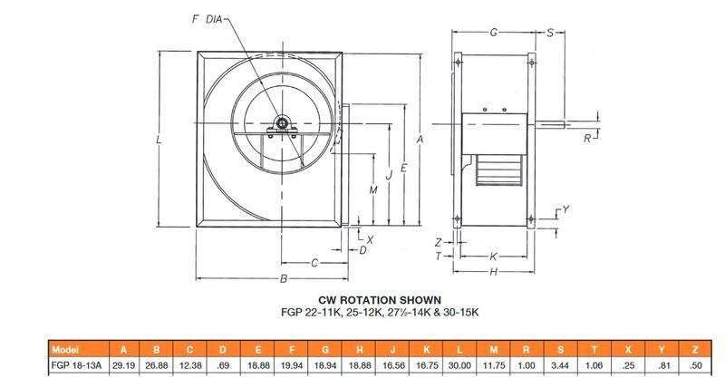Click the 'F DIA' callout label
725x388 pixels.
pos(207,19)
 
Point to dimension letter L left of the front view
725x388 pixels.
pos(159,140)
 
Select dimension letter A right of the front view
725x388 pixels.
pos(420,139)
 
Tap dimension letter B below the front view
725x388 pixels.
pos(284,279)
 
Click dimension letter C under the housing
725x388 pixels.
pos(314,263)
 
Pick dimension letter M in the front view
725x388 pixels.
pos(373,189)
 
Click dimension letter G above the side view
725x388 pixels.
pos(493,33)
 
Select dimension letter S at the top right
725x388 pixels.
pos(550,33)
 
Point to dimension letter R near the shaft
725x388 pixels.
pos(587,139)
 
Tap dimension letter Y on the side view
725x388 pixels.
pos(565,210)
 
